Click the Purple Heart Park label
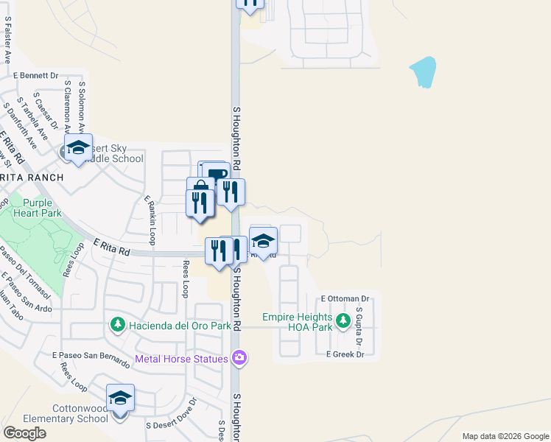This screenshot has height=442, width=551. (x=37, y=208)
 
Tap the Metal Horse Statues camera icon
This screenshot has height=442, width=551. (x=239, y=359)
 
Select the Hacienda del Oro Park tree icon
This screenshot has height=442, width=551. (x=117, y=325)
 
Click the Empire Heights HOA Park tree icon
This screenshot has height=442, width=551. (x=343, y=321)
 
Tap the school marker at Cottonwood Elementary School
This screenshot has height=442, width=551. (x=120, y=399)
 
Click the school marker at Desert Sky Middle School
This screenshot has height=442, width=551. (x=78, y=148)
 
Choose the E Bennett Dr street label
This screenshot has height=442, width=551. (x=35, y=75)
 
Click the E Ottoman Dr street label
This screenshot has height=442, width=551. (x=345, y=299)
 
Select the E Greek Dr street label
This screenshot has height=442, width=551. (x=345, y=354)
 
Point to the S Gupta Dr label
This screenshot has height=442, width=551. (x=360, y=326)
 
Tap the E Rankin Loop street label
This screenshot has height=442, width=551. (x=150, y=220)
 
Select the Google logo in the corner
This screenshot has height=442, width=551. (x=24, y=433)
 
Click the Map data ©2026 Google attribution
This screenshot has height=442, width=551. (x=505, y=436)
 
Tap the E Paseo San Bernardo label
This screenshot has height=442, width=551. (x=91, y=355)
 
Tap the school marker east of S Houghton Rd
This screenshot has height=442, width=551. (x=263, y=240)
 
